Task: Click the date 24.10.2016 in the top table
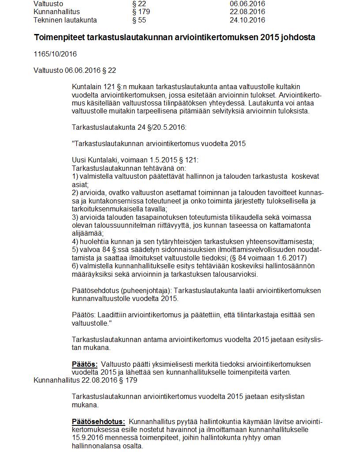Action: coord(247,20)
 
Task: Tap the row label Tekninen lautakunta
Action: coord(65,20)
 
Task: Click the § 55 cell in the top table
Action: coord(139,20)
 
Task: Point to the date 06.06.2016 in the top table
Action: coord(247,4)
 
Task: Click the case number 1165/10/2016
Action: coord(55,54)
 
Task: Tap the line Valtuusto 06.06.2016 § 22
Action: coord(75,70)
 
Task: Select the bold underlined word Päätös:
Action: coord(85,364)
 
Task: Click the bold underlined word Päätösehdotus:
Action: coord(98,421)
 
